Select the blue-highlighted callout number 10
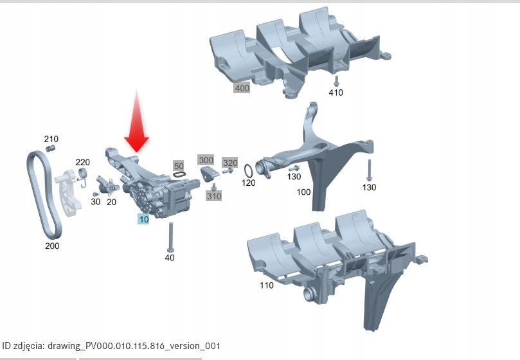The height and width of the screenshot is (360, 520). (x=143, y=219)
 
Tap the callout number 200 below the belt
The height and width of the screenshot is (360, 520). (x=52, y=246)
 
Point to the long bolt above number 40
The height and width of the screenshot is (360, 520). (x=171, y=237)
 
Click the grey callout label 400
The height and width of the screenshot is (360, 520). (x=242, y=88)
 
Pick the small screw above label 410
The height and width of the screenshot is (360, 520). (x=336, y=81)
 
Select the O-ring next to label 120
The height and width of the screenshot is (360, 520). (x=249, y=171)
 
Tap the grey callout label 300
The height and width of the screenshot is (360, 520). (x=206, y=160)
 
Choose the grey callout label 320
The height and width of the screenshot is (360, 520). (x=230, y=163)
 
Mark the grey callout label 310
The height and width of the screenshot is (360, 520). (x=214, y=196)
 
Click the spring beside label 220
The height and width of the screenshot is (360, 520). (x=82, y=176)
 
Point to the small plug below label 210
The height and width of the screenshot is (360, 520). (x=50, y=148)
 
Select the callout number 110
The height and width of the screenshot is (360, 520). (x=267, y=285)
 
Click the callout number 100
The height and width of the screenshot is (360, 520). (x=303, y=192)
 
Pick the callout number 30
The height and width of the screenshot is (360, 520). (x=96, y=201)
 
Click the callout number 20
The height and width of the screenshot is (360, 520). (x=111, y=202)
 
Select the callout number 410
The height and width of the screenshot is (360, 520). (x=336, y=92)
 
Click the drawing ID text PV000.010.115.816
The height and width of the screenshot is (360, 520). (x=125, y=346)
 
